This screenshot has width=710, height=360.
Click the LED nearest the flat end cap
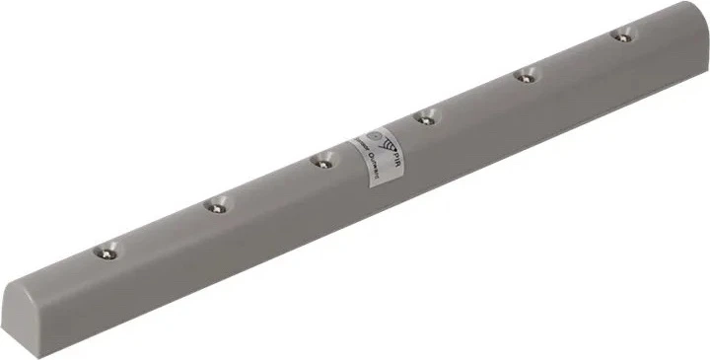(107, 252)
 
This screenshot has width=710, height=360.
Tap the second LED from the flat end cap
(214, 206)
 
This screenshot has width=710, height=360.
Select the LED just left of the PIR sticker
(320, 161)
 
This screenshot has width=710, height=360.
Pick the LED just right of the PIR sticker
(425, 118)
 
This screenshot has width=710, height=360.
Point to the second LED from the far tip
(527, 75)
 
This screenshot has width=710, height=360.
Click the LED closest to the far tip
(621, 36)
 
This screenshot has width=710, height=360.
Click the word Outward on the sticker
(372, 169)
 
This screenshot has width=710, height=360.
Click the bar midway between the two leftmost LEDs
(161, 230)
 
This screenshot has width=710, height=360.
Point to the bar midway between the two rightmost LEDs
(574, 56)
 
